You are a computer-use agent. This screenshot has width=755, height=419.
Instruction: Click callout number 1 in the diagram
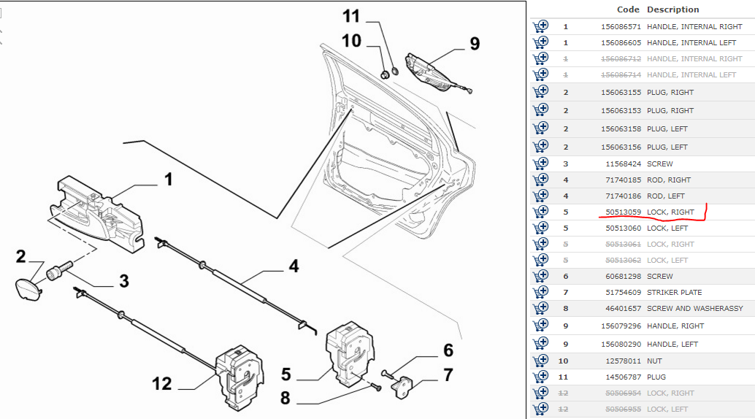click(x=168, y=178)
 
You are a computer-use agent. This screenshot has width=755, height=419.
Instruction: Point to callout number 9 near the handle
click(x=475, y=44)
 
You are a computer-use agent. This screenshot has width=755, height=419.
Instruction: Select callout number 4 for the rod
click(x=293, y=266)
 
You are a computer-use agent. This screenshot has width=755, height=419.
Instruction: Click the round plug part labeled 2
click(x=26, y=287)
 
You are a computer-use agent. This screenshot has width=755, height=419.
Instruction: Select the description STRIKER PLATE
click(x=674, y=293)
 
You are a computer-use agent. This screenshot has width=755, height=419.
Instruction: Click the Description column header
click(x=672, y=9)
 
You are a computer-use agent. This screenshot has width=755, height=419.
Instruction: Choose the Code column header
click(x=628, y=9)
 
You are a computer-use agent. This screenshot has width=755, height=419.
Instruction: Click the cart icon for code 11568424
click(x=540, y=164)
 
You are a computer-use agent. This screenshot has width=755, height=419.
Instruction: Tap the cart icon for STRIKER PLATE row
click(x=540, y=293)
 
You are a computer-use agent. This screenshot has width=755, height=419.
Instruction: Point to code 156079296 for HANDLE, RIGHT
click(x=620, y=326)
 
